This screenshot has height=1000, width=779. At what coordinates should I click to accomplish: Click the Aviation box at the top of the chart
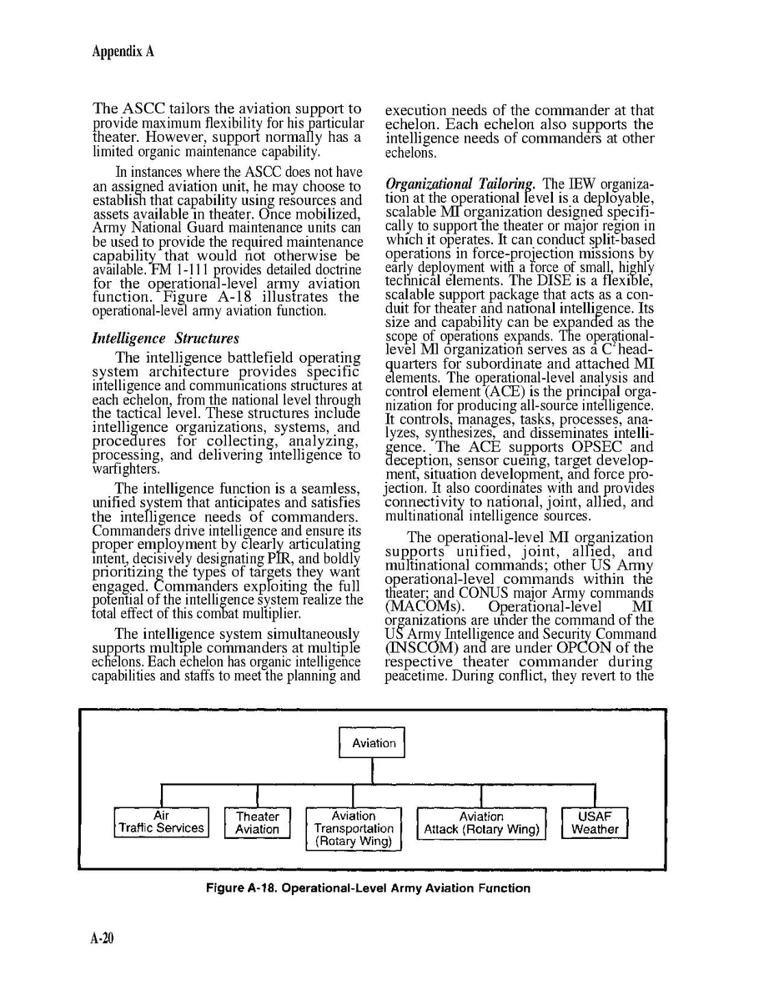tap(372, 742)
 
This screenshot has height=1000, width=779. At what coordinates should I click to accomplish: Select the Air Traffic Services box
tap(161, 822)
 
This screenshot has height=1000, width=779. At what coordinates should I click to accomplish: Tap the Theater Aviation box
tap(257, 822)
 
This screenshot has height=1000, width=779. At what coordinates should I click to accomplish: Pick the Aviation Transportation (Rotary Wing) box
tap(354, 828)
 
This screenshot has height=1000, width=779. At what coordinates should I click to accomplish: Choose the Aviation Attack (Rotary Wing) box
tap(481, 822)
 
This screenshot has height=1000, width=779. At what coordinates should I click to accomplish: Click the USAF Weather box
tap(595, 822)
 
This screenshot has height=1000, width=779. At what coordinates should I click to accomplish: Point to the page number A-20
tap(102, 938)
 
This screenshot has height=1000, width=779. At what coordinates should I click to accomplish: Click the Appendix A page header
tap(123, 51)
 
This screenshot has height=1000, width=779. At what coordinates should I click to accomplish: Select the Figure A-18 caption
tap(368, 887)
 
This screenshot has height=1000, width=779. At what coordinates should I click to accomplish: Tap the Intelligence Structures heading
tap(165, 338)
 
